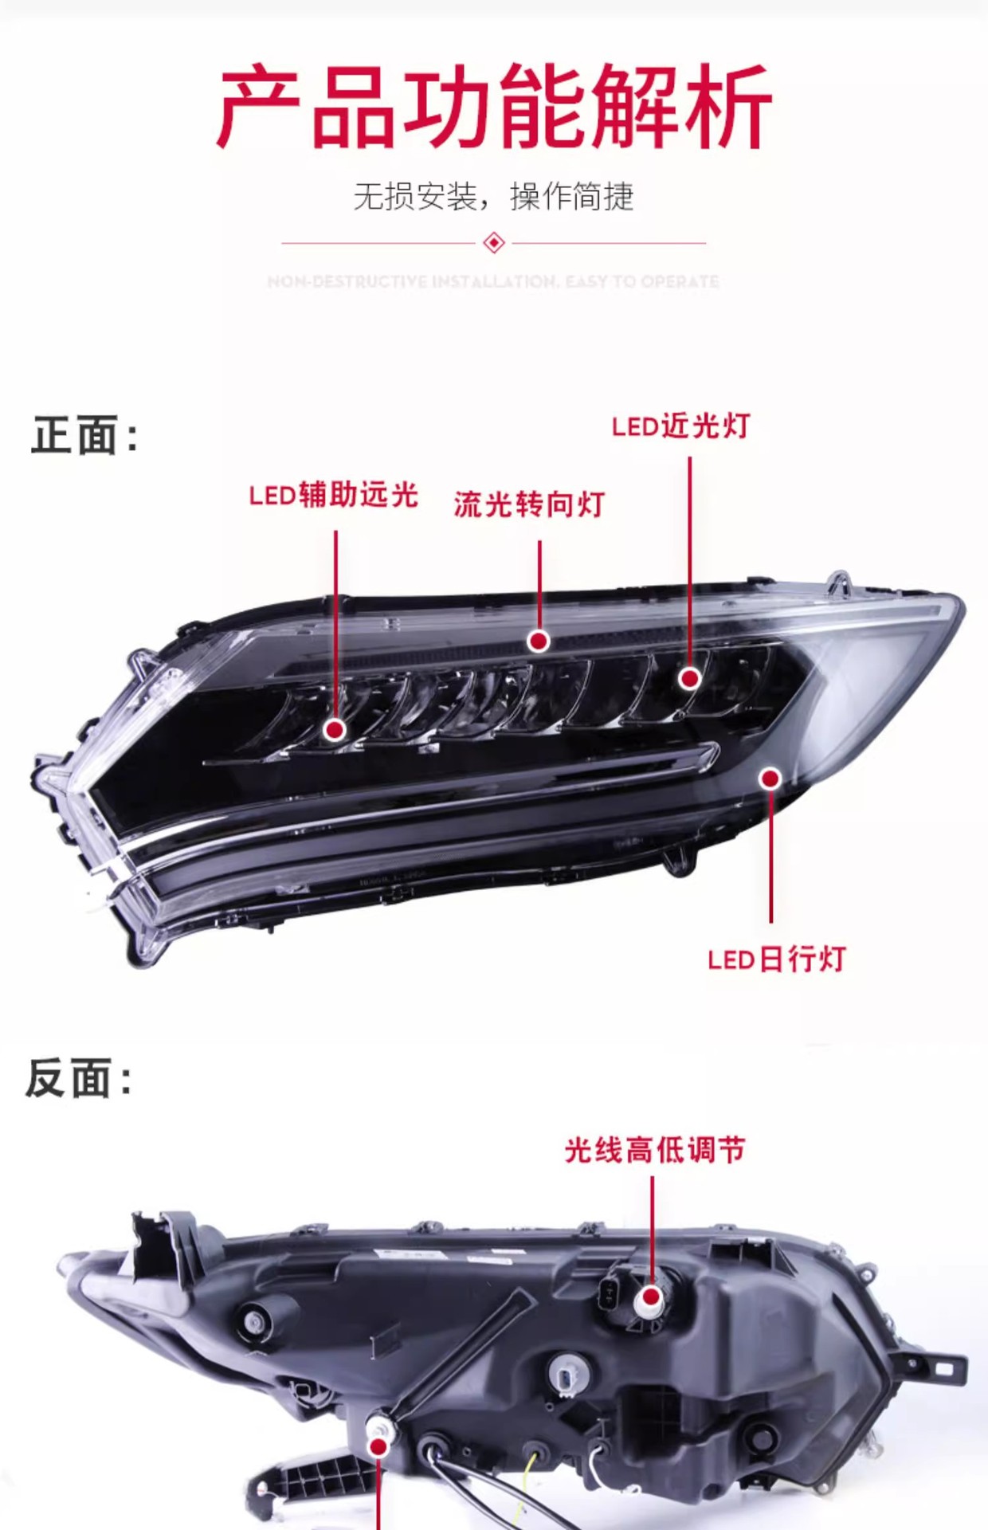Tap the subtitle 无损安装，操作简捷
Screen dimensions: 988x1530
[493, 196]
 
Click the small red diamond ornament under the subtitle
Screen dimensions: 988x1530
[494, 242]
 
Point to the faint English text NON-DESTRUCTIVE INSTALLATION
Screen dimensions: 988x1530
[493, 281]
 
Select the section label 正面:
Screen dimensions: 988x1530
[84, 436]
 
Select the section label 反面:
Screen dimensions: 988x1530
[79, 1079]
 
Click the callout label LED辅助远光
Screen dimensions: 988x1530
[333, 495]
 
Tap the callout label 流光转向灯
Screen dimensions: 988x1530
[529, 504]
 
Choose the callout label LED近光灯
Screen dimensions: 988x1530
[680, 426]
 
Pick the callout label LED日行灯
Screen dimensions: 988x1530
[776, 959]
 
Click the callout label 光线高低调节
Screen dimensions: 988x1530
[654, 1150]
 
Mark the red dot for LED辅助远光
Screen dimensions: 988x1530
[335, 729]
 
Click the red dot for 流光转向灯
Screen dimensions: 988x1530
[539, 641]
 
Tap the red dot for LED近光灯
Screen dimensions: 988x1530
[689, 678]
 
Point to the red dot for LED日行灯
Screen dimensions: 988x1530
[770, 779]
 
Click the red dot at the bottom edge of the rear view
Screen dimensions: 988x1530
[379, 1446]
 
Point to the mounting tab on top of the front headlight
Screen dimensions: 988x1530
[837, 583]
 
